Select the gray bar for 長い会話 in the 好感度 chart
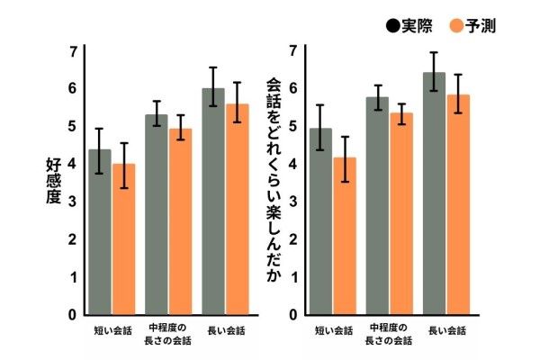tap(213, 202)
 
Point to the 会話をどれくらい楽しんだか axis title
tap(274, 180)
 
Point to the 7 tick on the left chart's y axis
tap(73, 51)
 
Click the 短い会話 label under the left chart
tap(112, 330)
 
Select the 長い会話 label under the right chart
tap(446, 330)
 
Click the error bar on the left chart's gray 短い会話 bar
tap(100, 150)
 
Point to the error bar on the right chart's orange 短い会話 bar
tap(345, 159)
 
